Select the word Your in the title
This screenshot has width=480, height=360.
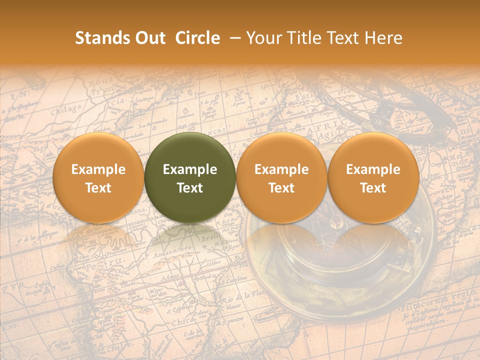262,38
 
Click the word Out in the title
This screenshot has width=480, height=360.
149,38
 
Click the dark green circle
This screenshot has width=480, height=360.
190,178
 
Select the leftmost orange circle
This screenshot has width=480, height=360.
98,178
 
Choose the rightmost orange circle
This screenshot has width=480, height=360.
373,178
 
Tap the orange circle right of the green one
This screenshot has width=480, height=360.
281,178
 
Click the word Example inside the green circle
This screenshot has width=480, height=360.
190,169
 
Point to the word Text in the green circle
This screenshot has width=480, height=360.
190,188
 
